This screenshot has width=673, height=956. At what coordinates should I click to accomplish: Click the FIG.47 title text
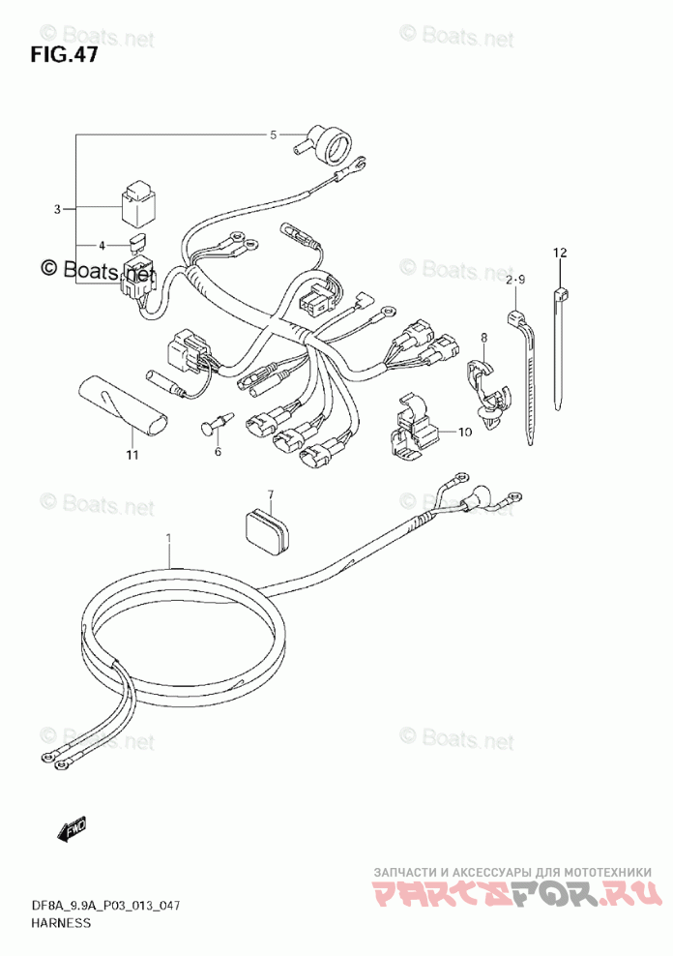click(64, 53)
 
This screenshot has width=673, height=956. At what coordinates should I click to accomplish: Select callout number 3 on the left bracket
click(57, 209)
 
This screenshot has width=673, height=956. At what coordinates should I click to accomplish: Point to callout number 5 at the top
click(273, 134)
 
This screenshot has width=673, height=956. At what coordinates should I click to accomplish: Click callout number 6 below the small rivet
click(218, 451)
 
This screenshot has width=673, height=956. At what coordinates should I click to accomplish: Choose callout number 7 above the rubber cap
click(271, 495)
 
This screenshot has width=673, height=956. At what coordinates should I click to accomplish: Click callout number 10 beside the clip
click(464, 432)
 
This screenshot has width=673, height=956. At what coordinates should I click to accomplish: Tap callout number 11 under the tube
click(132, 454)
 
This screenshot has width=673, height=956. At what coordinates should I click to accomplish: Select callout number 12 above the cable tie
click(559, 253)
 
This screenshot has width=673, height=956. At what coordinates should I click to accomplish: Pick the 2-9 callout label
click(514, 280)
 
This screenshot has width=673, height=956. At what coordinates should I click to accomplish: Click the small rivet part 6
click(218, 424)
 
